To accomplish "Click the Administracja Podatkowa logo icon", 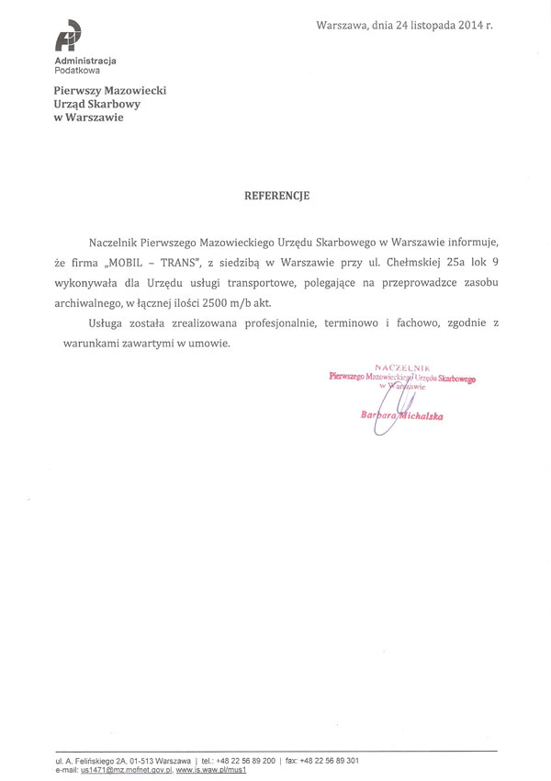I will pos(69,38).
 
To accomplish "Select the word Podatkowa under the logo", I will pos(77,70).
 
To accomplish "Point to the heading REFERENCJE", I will pos(276,195).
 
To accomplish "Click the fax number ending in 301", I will pos(330,762).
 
